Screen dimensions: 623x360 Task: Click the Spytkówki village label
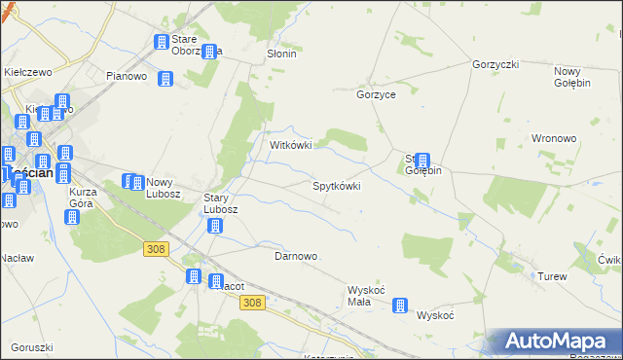pyautogui.click(x=336, y=185)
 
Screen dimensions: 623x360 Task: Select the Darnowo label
pyautogui.click(x=296, y=256)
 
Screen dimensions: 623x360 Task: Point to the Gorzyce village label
pyautogui.click(x=376, y=95)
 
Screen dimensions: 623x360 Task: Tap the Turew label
pyautogui.click(x=552, y=276)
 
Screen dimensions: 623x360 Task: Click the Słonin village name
pyautogui.click(x=281, y=54)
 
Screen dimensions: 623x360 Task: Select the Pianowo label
pyautogui.click(x=126, y=76)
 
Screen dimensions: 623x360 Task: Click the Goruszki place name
pyautogui.click(x=31, y=347)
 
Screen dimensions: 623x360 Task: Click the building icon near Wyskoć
pyautogui.click(x=400, y=306)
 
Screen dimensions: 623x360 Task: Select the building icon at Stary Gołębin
pyautogui.click(x=422, y=161)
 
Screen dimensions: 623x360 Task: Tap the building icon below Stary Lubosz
pyautogui.click(x=215, y=227)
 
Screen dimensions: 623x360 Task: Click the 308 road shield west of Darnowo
pyautogui.click(x=155, y=249)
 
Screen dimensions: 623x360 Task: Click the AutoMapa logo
pyautogui.click(x=554, y=342)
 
